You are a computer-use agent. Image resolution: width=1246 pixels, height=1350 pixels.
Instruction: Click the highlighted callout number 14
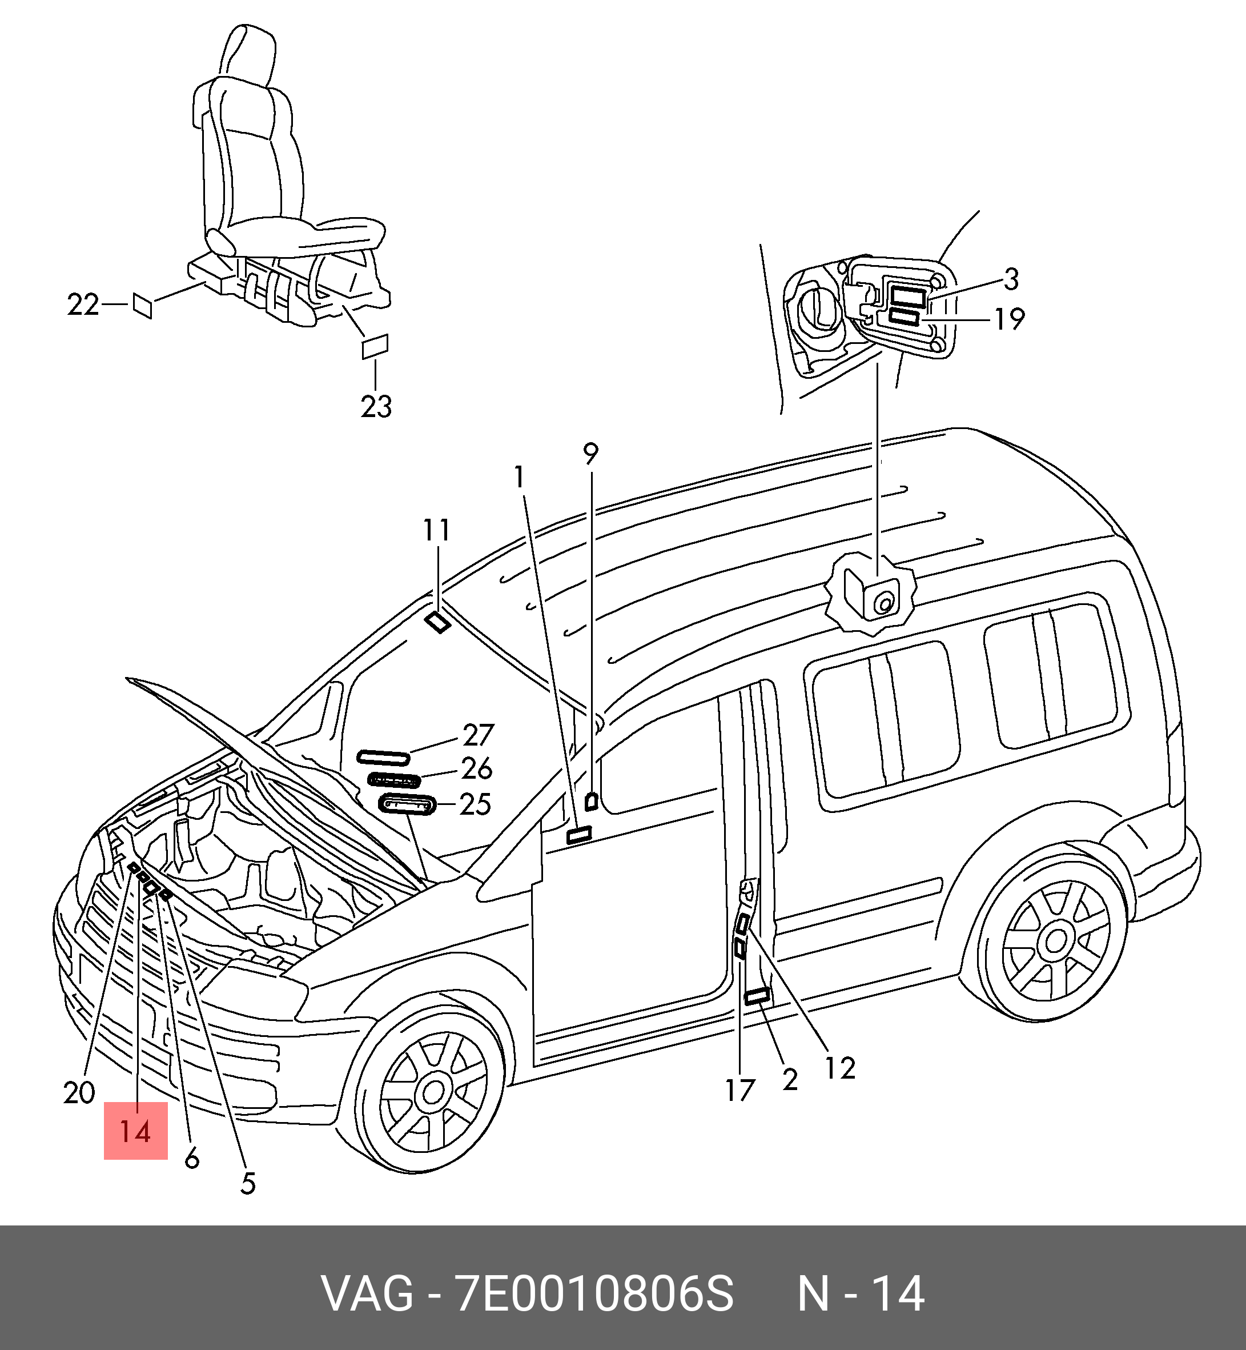pyautogui.click(x=135, y=1131)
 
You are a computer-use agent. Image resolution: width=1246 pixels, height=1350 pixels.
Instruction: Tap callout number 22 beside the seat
pyautogui.click(x=83, y=305)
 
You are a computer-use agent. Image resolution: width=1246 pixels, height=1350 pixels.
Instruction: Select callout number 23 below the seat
pyautogui.click(x=376, y=406)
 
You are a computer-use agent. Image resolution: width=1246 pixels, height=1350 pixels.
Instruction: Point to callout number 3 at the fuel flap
pyautogui.click(x=1011, y=279)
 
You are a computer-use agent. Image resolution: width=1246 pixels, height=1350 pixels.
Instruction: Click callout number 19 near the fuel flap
pyautogui.click(x=1010, y=319)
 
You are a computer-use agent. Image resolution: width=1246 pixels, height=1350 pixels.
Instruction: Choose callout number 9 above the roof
pyautogui.click(x=590, y=454)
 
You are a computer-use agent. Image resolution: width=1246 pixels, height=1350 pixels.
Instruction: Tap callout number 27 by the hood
pyautogui.click(x=478, y=735)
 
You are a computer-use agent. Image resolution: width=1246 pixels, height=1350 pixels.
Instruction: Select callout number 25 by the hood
pyautogui.click(x=475, y=804)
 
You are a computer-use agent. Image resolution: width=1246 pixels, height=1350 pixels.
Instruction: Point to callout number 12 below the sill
pyautogui.click(x=840, y=1068)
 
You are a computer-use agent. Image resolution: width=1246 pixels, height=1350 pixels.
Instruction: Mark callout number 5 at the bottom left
pyautogui.click(x=248, y=1183)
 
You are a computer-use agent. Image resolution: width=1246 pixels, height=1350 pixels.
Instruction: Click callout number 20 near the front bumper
pyautogui.click(x=79, y=1092)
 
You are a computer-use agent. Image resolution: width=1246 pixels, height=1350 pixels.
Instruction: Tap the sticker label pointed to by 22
pyautogui.click(x=142, y=306)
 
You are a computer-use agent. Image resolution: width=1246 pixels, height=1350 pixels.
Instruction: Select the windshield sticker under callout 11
pyautogui.click(x=438, y=622)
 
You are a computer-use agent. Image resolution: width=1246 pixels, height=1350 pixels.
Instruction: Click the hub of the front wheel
pyautogui.click(x=433, y=1092)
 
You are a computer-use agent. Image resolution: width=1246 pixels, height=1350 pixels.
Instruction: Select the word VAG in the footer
pyautogui.click(x=368, y=1293)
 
